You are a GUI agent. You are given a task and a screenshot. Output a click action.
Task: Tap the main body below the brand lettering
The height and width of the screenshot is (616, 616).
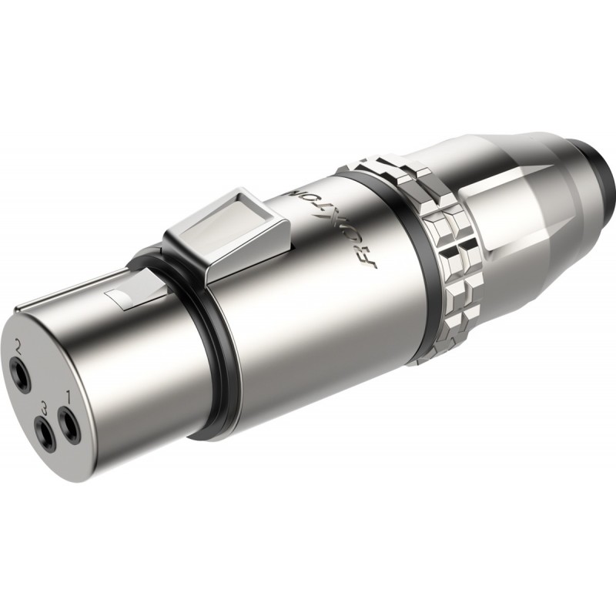click(x=323, y=323)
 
